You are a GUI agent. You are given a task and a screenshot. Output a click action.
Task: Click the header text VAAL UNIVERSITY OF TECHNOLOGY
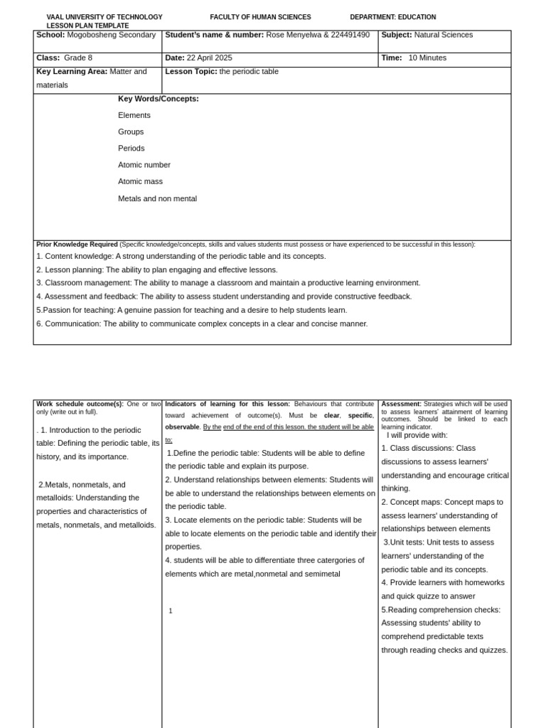pos(105,17)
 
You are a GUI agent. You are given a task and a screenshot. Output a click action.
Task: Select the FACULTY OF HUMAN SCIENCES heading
pos(260,17)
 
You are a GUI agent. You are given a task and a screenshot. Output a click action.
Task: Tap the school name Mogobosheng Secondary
pos(111,35)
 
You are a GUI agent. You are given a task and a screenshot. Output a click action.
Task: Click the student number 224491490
pos(350,35)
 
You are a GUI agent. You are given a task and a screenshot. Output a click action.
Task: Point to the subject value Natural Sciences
pos(443,35)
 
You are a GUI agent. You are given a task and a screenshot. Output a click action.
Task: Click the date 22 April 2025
pos(209,58)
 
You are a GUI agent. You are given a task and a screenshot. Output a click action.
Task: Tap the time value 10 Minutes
pos(427,58)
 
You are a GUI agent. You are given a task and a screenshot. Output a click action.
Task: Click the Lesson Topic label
pos(191,72)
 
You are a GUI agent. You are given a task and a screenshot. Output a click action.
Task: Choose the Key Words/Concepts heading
pos(159,99)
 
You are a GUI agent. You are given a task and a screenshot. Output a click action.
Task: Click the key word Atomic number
pos(144,165)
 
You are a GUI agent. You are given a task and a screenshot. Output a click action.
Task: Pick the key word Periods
pos(132,149)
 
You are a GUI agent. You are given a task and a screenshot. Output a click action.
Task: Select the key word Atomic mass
pos(141,182)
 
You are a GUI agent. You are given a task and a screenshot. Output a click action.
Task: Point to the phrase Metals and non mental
pos(157,199)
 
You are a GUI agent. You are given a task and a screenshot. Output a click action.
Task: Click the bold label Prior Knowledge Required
pos(77,244)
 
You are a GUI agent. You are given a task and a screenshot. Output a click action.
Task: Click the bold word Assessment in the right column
pos(401,404)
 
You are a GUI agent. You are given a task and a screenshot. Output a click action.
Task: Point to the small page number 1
pos(171,611)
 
